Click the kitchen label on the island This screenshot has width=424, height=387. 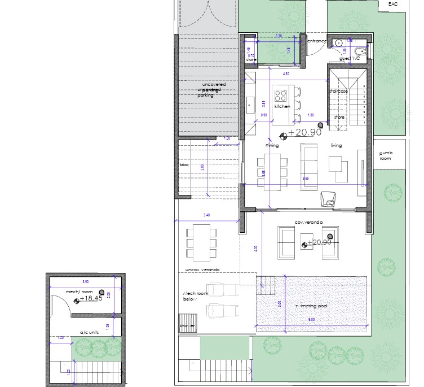point(282,106)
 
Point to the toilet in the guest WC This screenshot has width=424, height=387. point(363,51)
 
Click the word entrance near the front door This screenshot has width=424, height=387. point(317,41)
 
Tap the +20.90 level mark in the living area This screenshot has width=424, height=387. point(304,132)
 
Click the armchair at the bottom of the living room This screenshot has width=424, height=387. point(328,198)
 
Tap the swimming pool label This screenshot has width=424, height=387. point(311,306)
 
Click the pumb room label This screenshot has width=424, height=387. point(386,155)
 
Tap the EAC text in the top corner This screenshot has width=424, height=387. point(392,5)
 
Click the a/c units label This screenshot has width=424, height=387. point(89,332)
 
